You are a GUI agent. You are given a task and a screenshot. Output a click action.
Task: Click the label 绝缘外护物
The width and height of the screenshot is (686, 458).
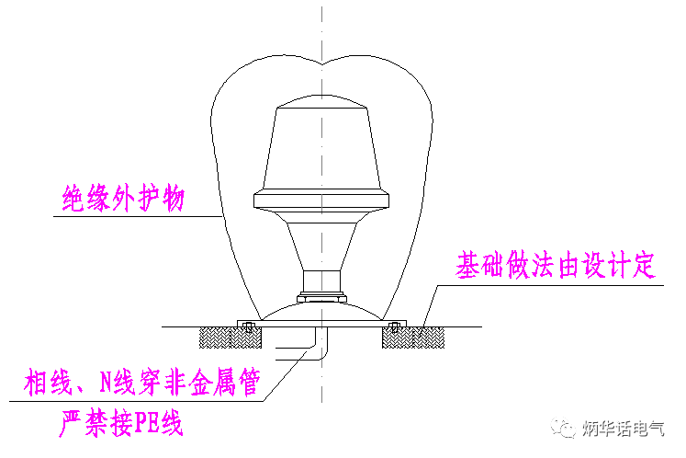123,199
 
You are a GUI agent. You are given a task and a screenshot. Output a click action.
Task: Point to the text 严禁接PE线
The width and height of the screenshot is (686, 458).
121,425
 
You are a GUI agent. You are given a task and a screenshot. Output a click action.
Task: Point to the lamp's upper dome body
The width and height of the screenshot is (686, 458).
322,147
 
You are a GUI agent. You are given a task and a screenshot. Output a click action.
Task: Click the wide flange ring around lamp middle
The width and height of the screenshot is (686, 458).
322,201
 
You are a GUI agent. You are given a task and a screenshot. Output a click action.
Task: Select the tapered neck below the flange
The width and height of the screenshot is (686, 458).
322,244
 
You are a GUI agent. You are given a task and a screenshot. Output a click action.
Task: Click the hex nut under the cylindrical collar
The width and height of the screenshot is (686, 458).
322,298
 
